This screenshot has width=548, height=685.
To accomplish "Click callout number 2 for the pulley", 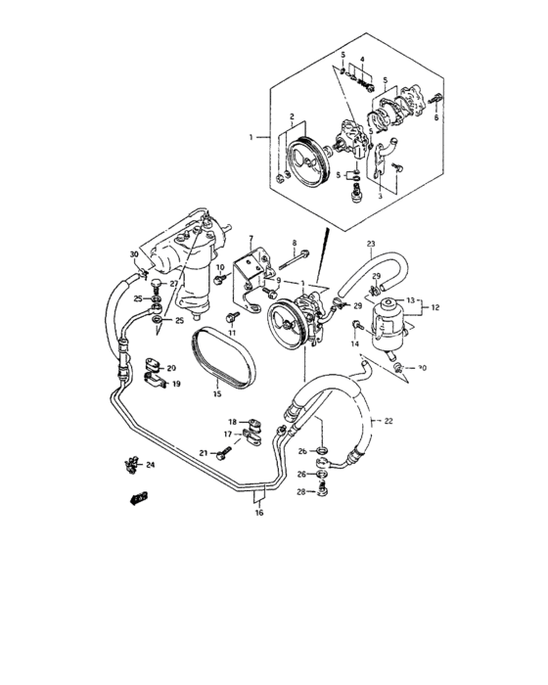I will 290,116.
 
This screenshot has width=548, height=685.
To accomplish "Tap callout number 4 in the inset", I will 362,60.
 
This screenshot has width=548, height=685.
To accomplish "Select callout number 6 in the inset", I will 436,117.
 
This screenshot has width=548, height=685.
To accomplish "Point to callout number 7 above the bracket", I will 251,238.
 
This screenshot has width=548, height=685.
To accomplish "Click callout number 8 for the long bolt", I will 293,242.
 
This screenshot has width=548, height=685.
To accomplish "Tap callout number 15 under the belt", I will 218,395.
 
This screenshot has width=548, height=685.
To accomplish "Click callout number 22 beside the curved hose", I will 388,421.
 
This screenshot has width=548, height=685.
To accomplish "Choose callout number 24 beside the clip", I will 151,465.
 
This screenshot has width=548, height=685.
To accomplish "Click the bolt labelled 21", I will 224,453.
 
